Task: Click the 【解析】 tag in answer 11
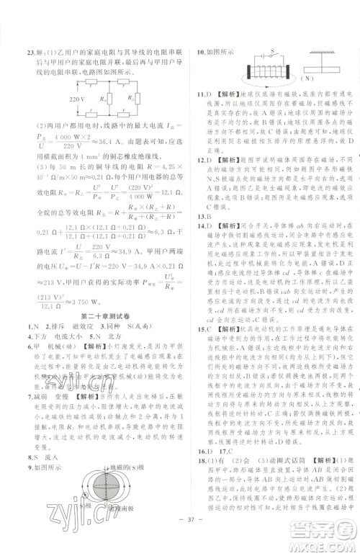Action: click(222, 94)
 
